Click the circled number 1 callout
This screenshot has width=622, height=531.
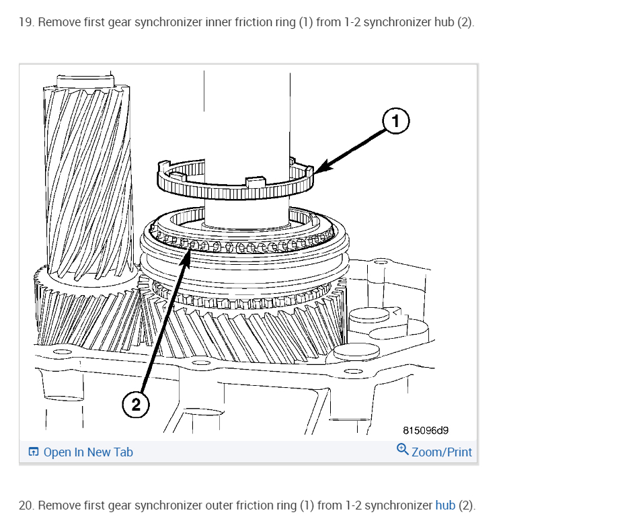tap(396, 121)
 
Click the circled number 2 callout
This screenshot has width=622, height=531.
tap(136, 404)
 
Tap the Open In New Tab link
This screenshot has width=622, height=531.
tap(88, 452)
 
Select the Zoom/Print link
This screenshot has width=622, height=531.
tap(441, 452)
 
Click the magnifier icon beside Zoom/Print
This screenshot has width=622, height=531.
tap(402, 449)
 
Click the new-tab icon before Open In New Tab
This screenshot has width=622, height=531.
tap(34, 452)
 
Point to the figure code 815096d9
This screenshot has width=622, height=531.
tap(426, 430)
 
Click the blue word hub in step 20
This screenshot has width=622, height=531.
tap(445, 505)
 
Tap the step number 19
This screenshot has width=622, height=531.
tap(26, 22)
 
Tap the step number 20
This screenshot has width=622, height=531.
tap(26, 505)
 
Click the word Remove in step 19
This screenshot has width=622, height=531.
tap(56, 22)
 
